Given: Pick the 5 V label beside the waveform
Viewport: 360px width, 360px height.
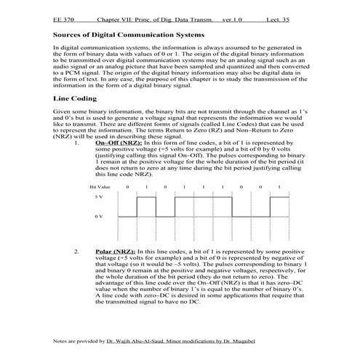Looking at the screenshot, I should tap(99, 198).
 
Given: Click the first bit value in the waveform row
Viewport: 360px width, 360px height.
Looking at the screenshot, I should tap(127, 188).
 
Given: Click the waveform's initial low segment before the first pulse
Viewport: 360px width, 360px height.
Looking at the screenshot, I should tap(127, 217).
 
